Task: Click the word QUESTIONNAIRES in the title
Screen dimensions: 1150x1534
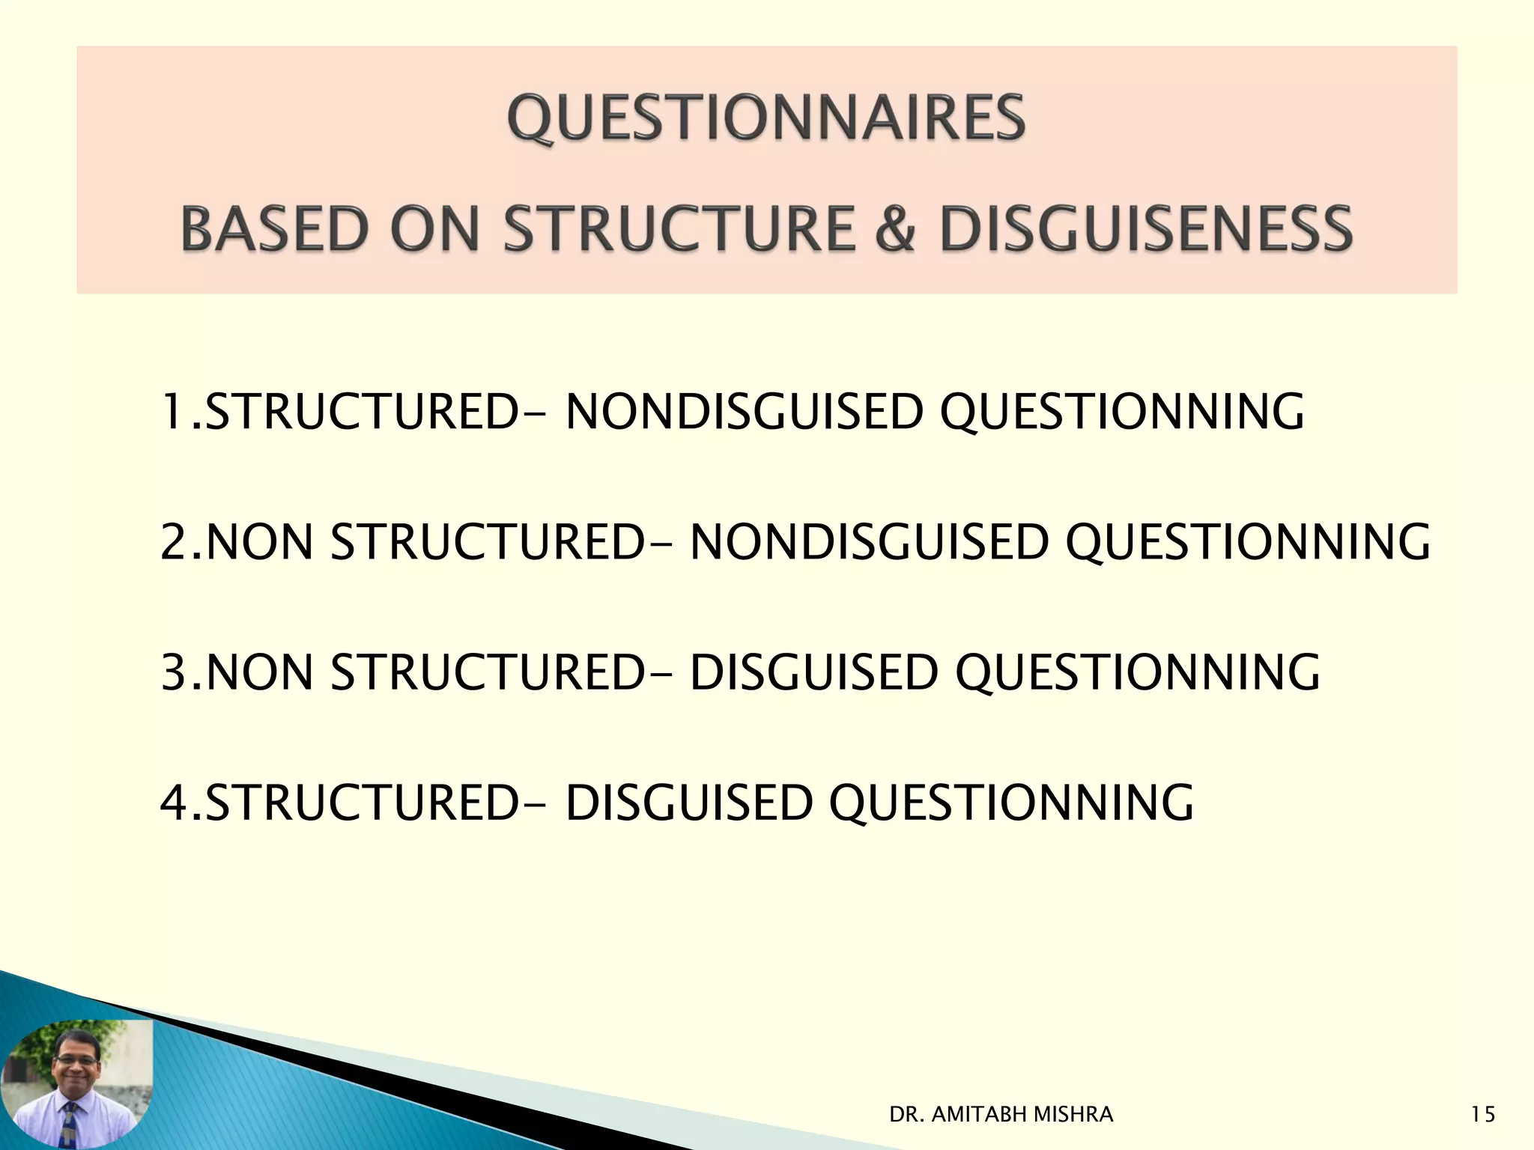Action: click(766, 118)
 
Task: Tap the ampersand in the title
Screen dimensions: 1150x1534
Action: click(895, 228)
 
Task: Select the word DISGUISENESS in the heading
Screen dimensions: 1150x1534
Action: click(1145, 228)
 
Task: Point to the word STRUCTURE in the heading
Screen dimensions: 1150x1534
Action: click(679, 228)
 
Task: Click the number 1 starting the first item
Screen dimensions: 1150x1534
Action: click(172, 412)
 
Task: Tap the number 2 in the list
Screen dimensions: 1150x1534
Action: click(173, 542)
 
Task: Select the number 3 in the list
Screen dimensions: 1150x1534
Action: click(173, 672)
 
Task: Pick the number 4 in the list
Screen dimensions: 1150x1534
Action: click(173, 802)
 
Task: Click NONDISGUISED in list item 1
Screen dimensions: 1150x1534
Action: click(743, 412)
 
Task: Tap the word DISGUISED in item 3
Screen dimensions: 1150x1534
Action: click(813, 672)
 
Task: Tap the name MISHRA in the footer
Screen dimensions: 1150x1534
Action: click(1073, 1115)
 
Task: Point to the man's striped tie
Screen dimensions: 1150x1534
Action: click(70, 1127)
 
